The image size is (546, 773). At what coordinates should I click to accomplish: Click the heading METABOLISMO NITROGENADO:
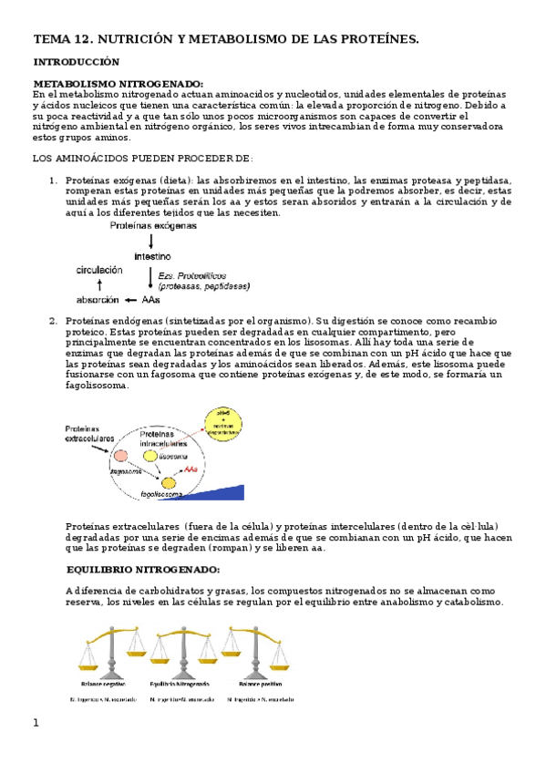click(118, 83)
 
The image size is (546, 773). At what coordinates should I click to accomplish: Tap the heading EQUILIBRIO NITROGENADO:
click(142, 569)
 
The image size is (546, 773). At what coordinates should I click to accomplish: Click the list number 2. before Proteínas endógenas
click(53, 320)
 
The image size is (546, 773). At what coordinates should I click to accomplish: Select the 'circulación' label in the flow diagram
click(102, 271)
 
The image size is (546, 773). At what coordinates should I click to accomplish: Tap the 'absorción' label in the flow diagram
click(98, 299)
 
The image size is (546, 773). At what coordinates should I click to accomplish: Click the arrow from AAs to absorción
click(132, 299)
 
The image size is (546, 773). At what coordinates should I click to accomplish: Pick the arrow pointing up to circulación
click(100, 285)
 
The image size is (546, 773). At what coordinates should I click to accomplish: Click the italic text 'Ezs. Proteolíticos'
click(191, 274)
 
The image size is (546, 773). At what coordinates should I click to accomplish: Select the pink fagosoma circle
click(121, 453)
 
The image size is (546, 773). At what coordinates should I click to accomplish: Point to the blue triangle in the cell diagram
click(219, 493)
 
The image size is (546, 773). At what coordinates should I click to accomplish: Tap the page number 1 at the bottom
click(36, 723)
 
